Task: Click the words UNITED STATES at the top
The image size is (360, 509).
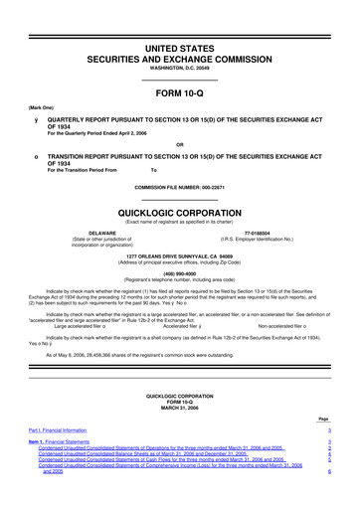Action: (x=179, y=20)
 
